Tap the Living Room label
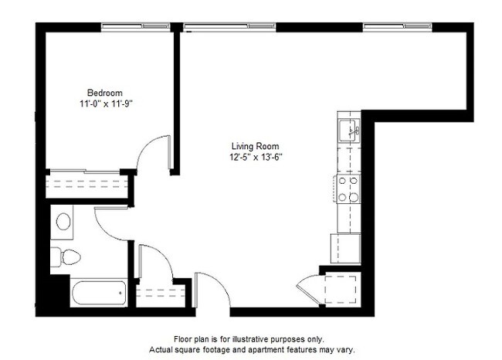coord(255,146)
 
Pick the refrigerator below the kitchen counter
coord(345,248)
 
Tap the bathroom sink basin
coord(63,222)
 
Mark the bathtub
coord(98,293)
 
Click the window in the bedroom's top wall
coord(136,27)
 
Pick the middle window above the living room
coord(229,27)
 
